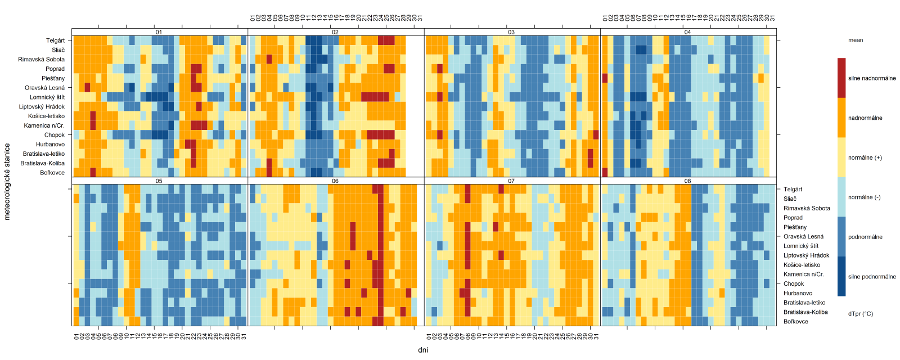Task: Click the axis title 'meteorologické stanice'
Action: coord(7,181)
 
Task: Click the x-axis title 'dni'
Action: coord(423,350)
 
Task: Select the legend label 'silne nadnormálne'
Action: coord(872,78)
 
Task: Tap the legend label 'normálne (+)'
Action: coord(865,157)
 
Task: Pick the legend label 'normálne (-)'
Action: coord(865,197)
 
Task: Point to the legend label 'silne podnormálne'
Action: coord(872,277)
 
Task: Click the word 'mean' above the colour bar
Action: coord(856,40)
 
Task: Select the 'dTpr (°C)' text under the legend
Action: coord(861,314)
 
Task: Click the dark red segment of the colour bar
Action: coord(841,78)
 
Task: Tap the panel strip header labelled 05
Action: coord(159,181)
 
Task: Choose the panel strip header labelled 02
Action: coord(335,32)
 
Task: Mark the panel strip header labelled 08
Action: coord(687,181)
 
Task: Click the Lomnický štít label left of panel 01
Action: coord(47,97)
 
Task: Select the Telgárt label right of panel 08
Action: coord(793,190)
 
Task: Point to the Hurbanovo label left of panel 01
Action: coord(51,145)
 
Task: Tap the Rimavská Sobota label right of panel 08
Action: coord(807,208)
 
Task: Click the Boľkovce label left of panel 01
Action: coord(52,173)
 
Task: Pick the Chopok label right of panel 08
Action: coord(794,284)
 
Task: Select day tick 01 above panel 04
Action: coord(605,19)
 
